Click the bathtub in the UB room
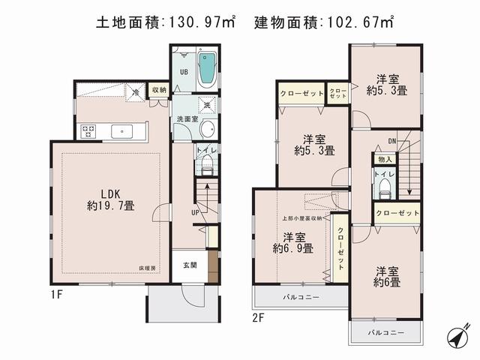(206, 70)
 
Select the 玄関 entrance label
(189, 264)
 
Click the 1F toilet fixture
(207, 169)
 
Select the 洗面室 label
(187, 119)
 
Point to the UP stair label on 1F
(195, 213)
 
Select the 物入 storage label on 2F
(384, 159)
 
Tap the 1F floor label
(58, 295)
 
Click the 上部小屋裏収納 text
(302, 218)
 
